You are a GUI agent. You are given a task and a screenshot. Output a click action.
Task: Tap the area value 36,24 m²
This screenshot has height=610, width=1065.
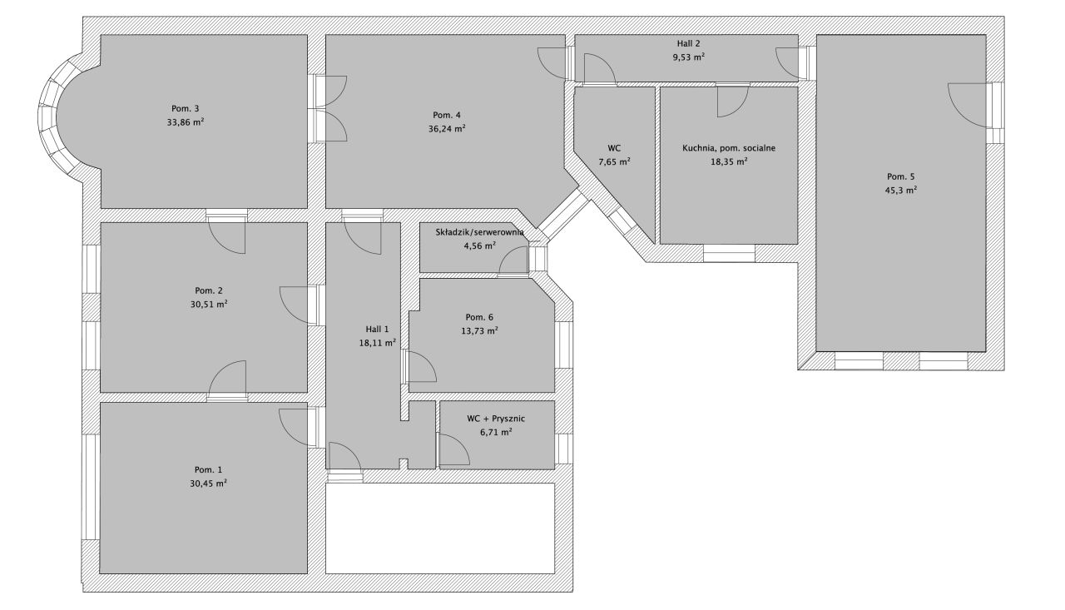pos(447,128)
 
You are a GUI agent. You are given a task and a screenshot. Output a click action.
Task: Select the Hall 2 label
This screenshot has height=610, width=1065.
pos(688,44)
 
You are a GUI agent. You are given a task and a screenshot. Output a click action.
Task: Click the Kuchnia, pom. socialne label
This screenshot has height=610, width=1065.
pos(728,148)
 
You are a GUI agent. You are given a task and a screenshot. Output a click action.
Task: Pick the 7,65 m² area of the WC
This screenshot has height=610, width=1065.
pos(614,161)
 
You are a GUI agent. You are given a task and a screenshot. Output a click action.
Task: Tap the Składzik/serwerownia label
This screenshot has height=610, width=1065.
pos(480,232)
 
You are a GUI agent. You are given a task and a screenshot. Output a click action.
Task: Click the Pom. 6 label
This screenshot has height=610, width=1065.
pos(479,317)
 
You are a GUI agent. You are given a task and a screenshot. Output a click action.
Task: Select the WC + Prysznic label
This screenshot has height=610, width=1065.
pos(495,419)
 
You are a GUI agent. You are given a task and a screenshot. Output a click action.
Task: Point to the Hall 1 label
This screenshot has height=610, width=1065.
pos(377,329)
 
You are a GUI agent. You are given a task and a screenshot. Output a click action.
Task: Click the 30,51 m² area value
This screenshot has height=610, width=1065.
pos(209,305)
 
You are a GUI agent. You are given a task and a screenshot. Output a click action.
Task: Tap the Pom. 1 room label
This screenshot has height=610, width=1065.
pos(208,469)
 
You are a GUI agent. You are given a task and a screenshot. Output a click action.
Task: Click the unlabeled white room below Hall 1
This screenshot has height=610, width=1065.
pos(440,528)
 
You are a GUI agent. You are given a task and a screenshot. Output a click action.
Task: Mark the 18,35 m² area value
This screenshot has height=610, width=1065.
pos(729,161)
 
